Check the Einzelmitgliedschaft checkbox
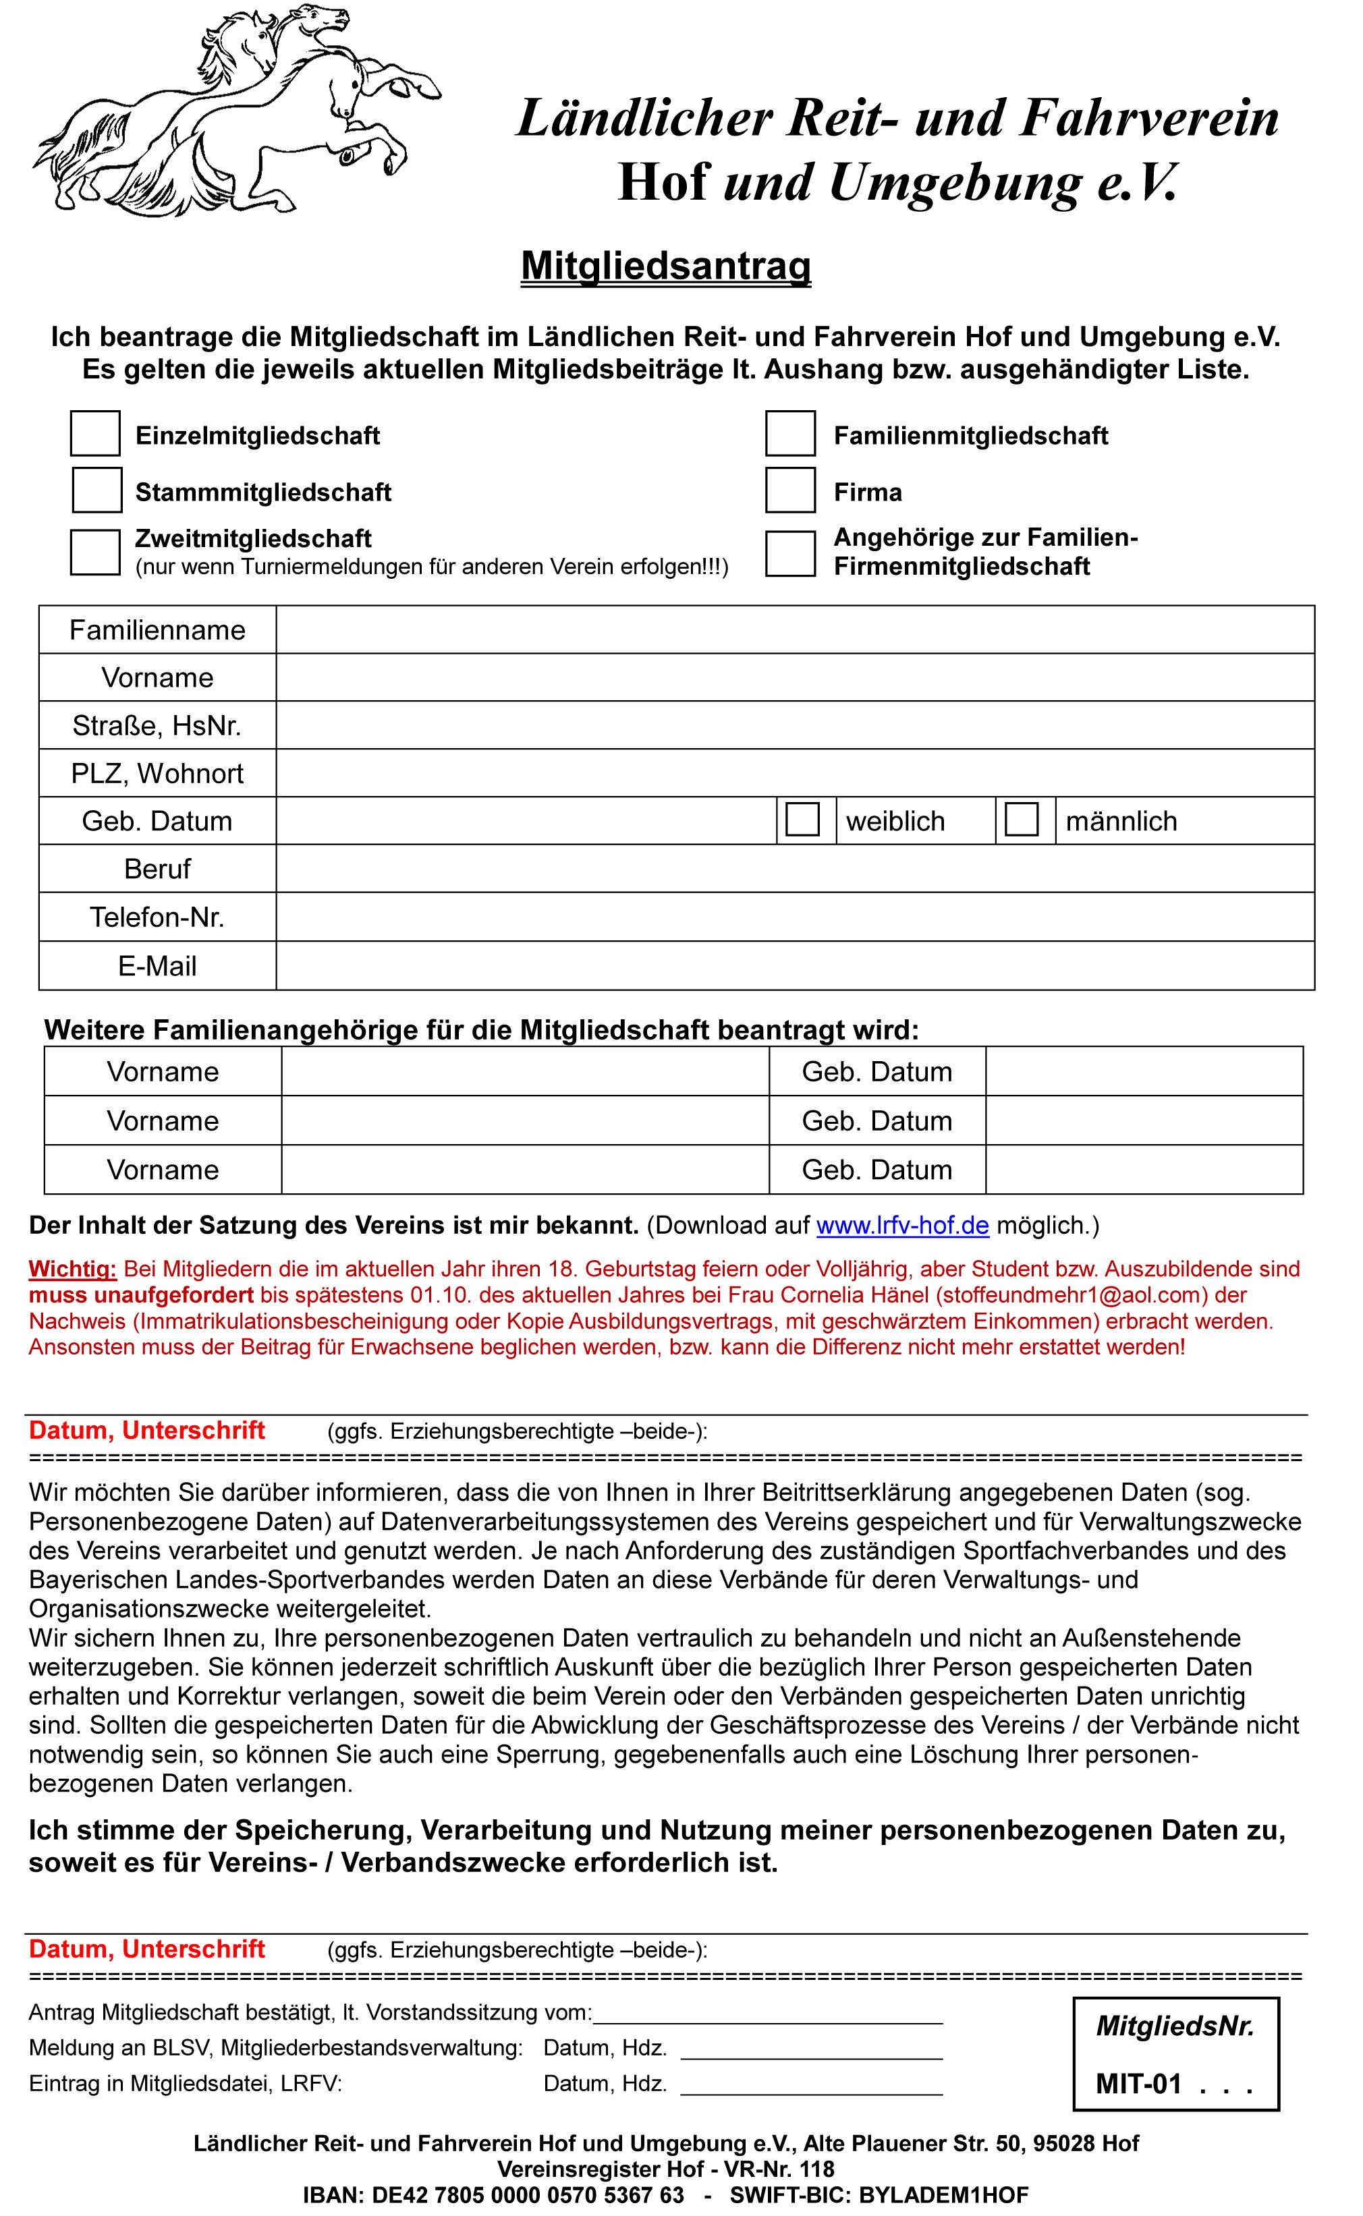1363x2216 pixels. click(x=96, y=434)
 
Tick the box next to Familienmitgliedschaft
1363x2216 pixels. click(x=791, y=434)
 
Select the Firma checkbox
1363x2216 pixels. click(x=791, y=490)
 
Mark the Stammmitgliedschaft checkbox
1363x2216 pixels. click(x=96, y=490)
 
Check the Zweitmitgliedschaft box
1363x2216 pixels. click(x=96, y=552)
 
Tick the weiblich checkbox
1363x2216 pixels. click(x=802, y=819)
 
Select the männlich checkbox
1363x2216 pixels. click(x=1022, y=819)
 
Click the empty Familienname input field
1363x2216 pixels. click(x=794, y=630)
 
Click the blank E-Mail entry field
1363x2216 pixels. click(x=794, y=966)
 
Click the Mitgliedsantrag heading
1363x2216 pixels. click(x=666, y=266)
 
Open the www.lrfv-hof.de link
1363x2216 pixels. click(x=902, y=1226)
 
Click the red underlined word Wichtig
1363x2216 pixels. click(x=72, y=1269)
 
